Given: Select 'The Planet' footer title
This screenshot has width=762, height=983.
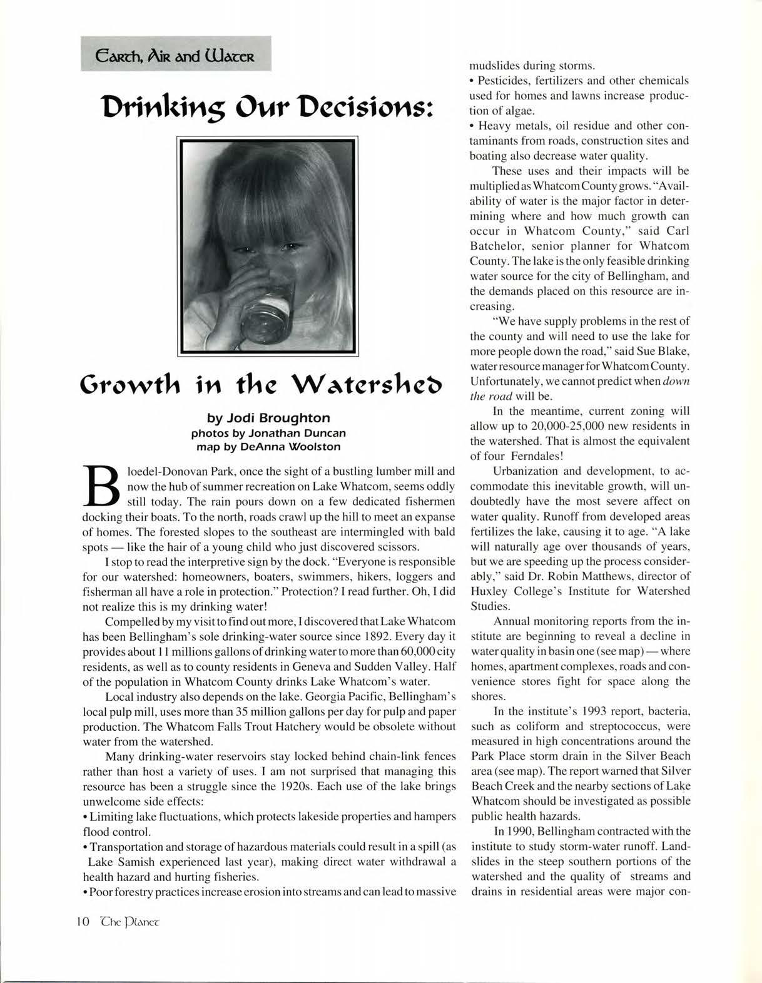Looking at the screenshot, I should coord(131,922).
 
